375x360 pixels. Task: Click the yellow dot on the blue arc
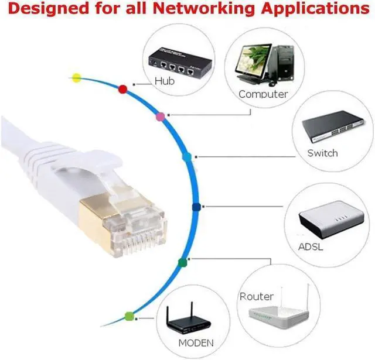(76, 77)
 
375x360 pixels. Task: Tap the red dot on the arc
(123, 89)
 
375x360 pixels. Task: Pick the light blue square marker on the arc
(187, 157)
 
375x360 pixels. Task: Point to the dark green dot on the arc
(182, 262)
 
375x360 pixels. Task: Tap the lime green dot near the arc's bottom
(129, 317)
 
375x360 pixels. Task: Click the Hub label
(165, 81)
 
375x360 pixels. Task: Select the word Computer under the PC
(263, 94)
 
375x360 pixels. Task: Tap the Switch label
(322, 153)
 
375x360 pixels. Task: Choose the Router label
(256, 297)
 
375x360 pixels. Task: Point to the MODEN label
(197, 343)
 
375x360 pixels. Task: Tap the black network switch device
(329, 129)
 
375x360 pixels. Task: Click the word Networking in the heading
(176, 9)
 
